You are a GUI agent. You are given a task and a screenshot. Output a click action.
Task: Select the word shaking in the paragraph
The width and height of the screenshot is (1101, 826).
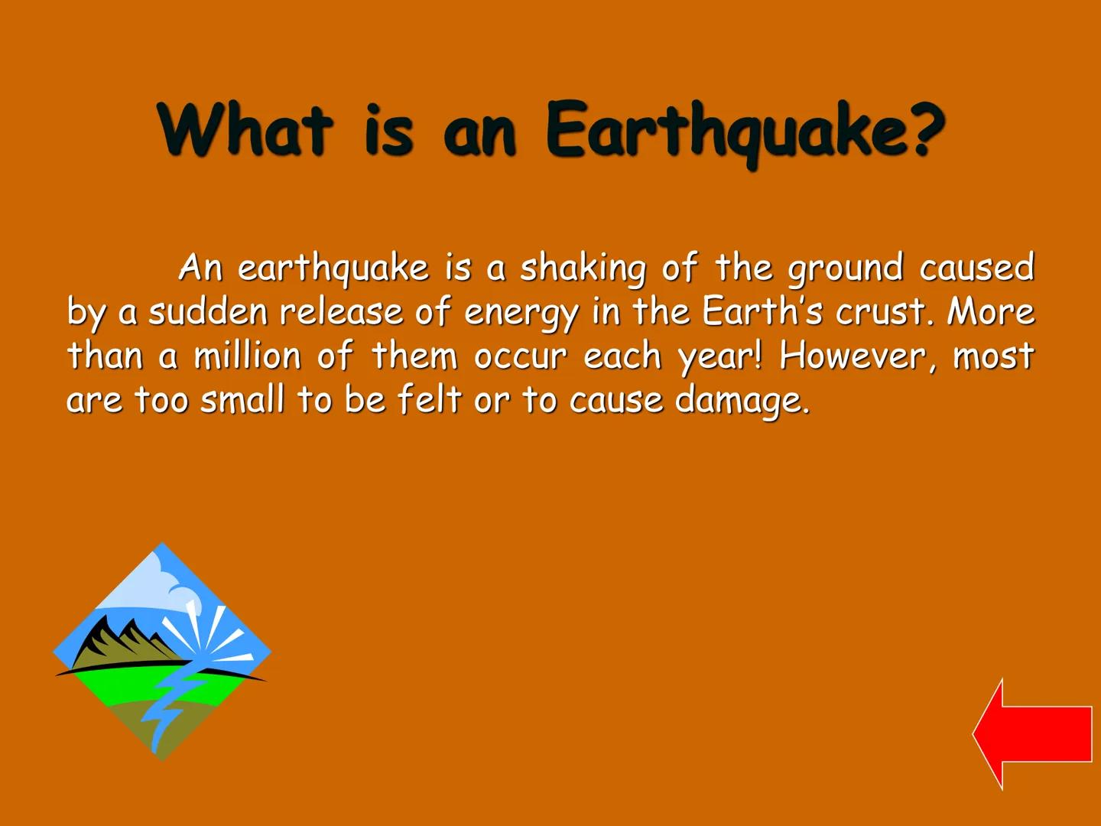click(x=583, y=268)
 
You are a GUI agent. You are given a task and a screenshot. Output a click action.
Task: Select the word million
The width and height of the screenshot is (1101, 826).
click(x=247, y=356)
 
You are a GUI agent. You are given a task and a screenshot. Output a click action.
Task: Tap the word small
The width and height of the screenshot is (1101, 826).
click(x=242, y=399)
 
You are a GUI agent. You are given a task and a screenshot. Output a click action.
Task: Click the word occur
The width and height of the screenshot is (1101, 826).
click(x=520, y=356)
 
